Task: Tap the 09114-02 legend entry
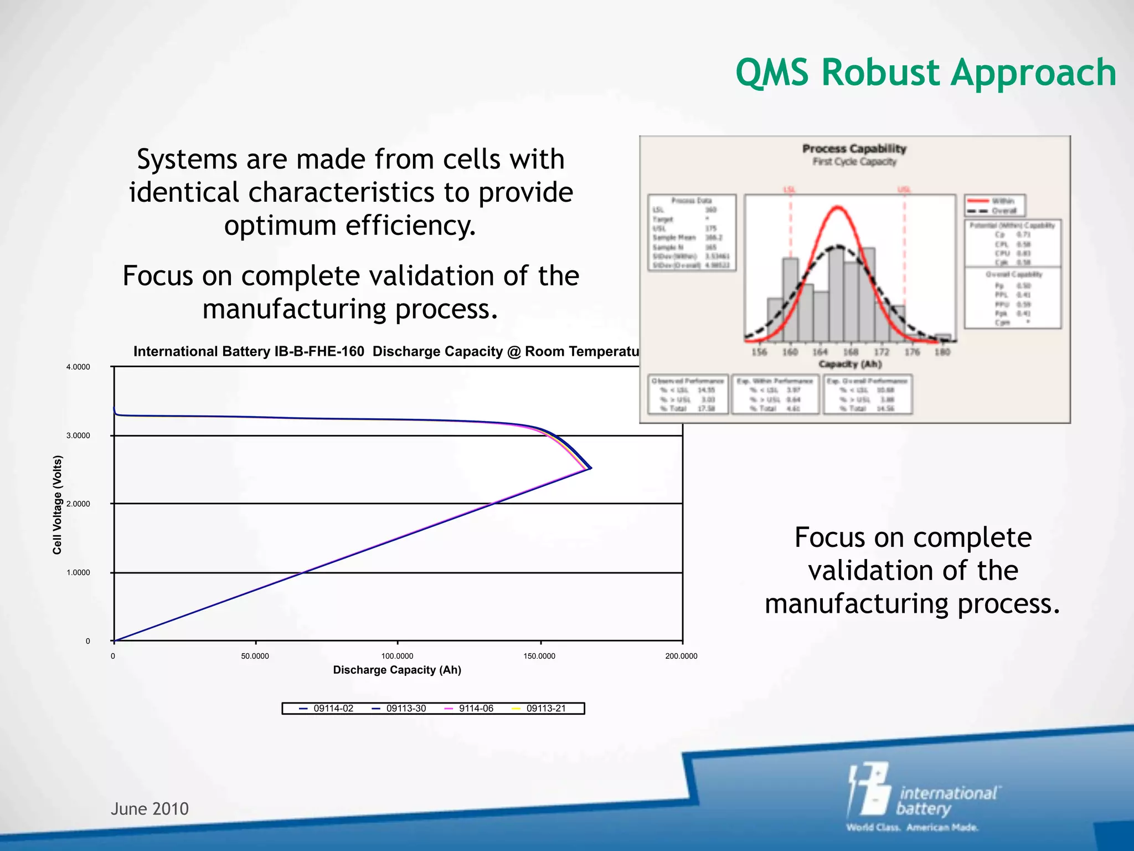(x=333, y=708)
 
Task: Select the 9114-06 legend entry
(x=476, y=708)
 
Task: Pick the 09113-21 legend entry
(x=545, y=708)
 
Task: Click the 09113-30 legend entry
(x=406, y=708)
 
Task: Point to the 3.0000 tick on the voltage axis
(x=78, y=435)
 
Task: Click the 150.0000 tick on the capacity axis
(x=539, y=656)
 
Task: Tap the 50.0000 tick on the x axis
(x=255, y=656)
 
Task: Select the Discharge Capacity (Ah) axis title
(x=397, y=670)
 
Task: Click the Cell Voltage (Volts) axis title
(x=58, y=505)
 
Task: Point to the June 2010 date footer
(x=150, y=809)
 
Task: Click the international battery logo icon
(x=869, y=789)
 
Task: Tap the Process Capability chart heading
(x=854, y=148)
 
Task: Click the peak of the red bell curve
(x=838, y=207)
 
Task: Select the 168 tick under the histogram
(x=850, y=352)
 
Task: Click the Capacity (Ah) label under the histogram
(x=850, y=364)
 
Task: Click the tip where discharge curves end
(x=591, y=468)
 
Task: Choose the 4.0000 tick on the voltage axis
(x=78, y=367)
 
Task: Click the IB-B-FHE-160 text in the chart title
(x=319, y=351)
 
